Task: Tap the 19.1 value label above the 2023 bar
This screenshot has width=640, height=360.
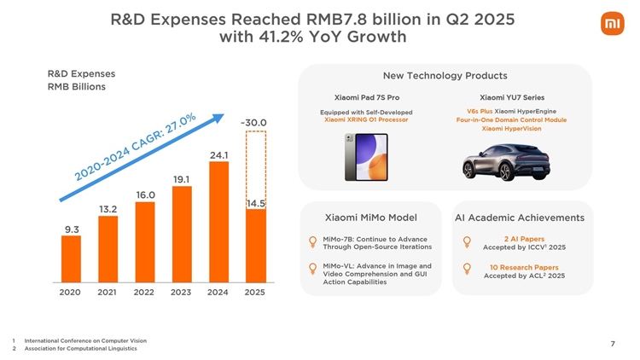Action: [x=181, y=179]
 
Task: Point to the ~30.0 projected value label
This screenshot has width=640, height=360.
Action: [x=253, y=122]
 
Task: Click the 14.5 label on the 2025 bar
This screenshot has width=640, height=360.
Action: [x=255, y=204]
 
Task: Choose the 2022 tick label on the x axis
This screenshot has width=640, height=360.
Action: [x=144, y=293]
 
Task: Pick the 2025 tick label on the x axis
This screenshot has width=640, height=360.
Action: [x=254, y=293]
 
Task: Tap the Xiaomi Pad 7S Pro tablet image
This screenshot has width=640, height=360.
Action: [x=366, y=157]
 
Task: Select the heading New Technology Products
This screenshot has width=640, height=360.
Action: [x=445, y=76]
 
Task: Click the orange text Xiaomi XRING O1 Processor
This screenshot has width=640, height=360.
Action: [x=366, y=119]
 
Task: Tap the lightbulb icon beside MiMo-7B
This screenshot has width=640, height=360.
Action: [x=313, y=242]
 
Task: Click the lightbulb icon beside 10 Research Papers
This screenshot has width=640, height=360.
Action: [x=466, y=270]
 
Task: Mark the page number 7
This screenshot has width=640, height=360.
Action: [x=613, y=344]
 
